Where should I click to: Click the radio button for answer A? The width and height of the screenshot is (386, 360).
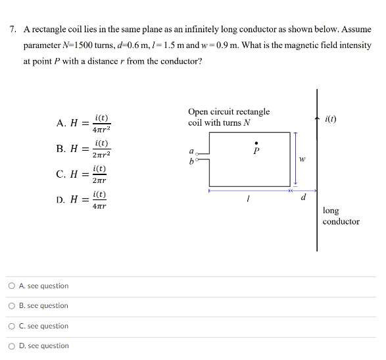click(x=13, y=286)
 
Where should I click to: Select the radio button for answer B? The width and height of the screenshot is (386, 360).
click(x=13, y=306)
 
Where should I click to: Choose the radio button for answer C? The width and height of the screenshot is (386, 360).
click(x=13, y=326)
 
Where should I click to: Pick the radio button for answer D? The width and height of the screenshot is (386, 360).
click(x=13, y=346)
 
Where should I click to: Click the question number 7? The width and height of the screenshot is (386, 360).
click(x=13, y=30)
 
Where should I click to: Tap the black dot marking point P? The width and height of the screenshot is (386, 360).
click(x=257, y=141)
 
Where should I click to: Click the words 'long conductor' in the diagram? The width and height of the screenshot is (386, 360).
click(x=341, y=216)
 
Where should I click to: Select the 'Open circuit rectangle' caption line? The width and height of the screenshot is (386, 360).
click(x=228, y=112)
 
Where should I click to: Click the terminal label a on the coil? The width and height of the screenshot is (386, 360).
click(x=191, y=151)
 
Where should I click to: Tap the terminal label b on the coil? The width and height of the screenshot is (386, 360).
click(x=191, y=161)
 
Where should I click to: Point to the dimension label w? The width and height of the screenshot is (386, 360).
click(x=302, y=159)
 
